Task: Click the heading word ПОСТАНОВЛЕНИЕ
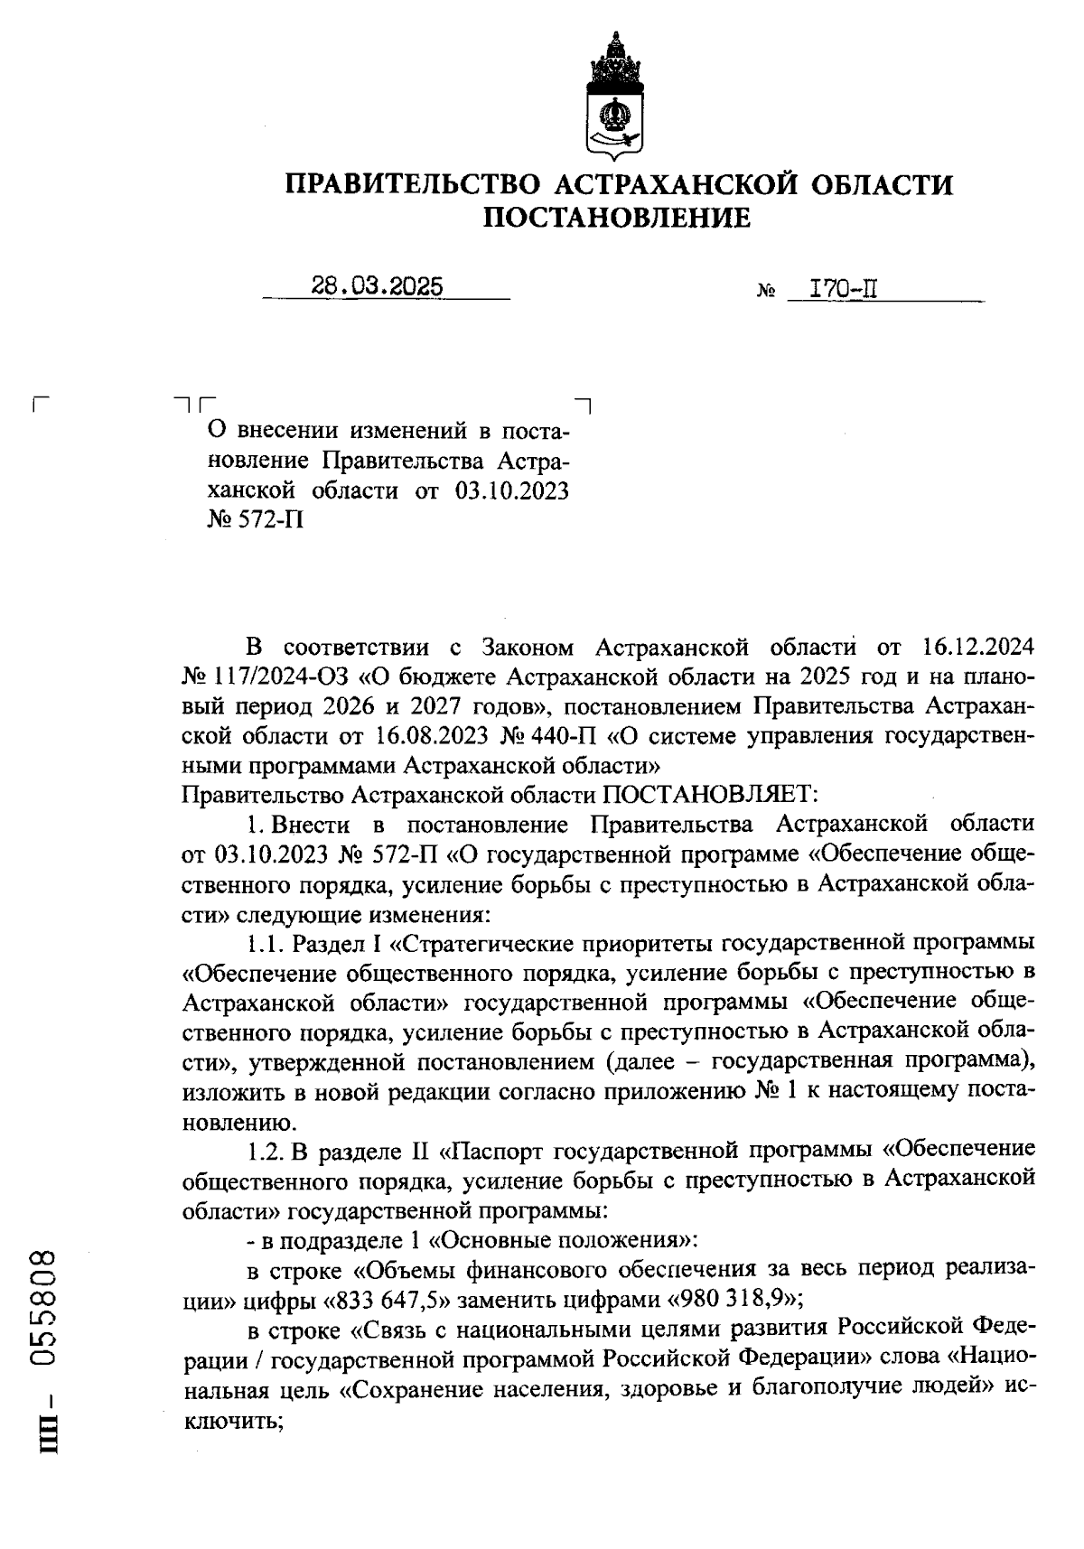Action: click(x=618, y=218)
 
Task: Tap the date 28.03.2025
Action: click(x=377, y=287)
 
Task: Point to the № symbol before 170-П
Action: click(x=767, y=293)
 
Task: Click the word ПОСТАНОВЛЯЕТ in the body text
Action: click(x=709, y=795)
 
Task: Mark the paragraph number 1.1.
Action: click(x=266, y=944)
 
